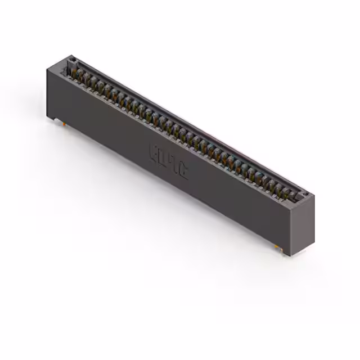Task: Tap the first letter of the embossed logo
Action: click(x=154, y=151)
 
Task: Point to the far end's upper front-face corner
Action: click(x=47, y=67)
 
